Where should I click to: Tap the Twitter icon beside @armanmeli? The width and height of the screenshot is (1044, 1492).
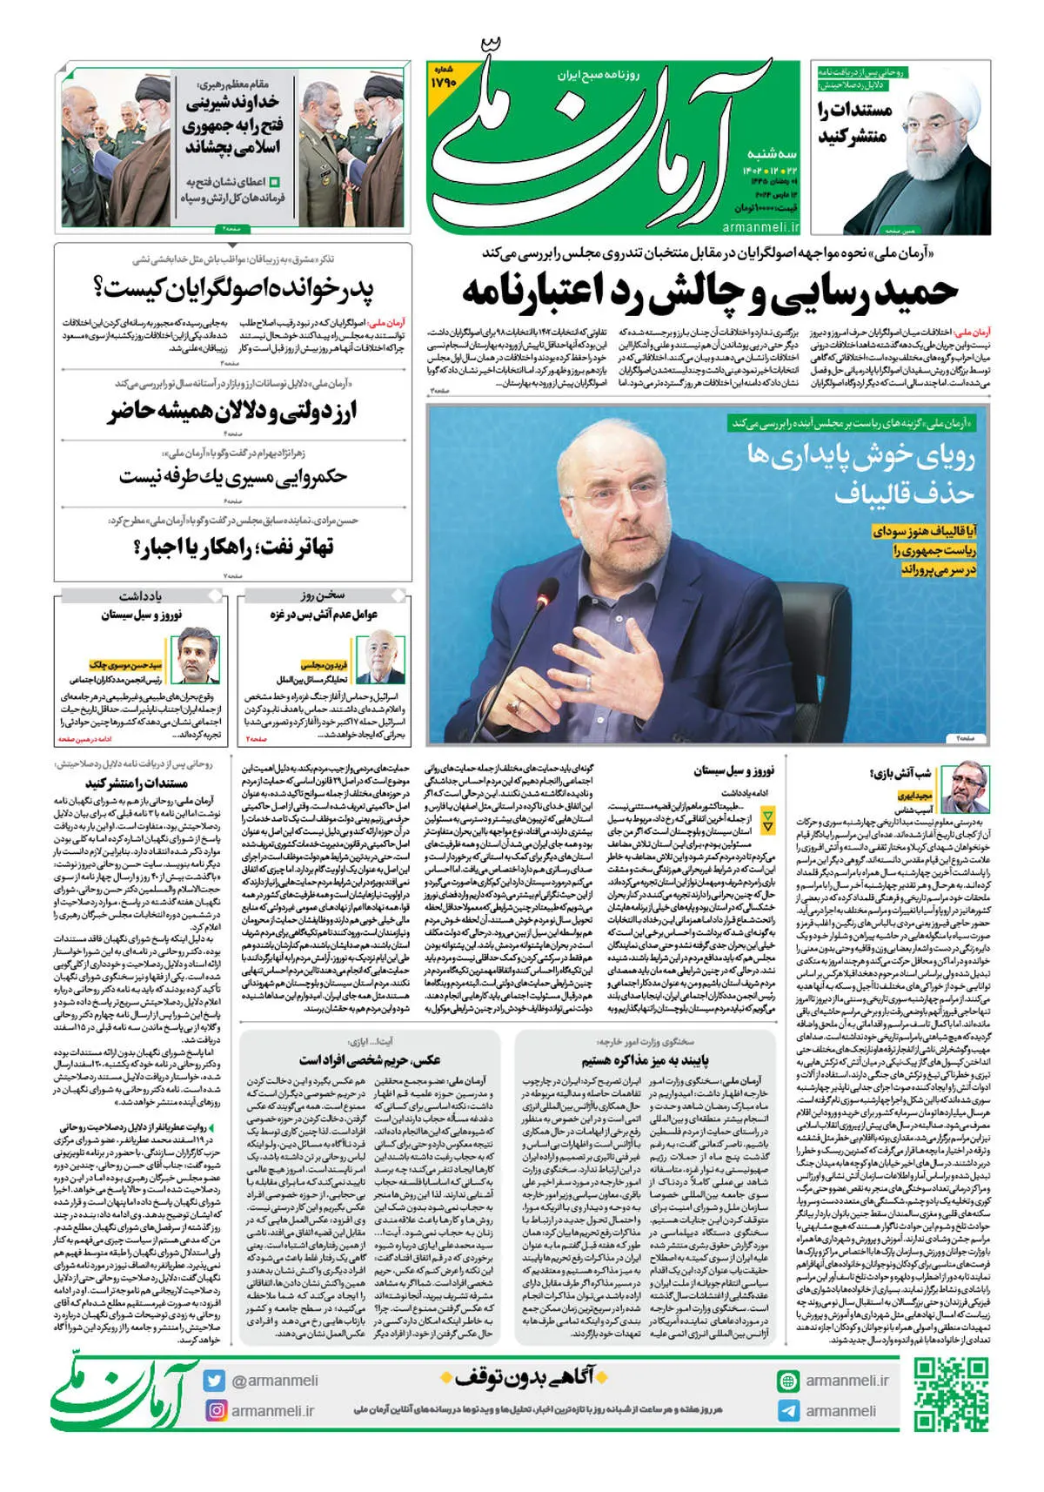[214, 1381]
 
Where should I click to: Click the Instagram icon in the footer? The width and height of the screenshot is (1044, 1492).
[215, 1410]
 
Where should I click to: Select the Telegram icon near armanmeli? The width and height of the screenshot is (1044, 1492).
[788, 1411]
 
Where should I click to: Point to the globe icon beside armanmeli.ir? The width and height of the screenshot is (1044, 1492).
[788, 1381]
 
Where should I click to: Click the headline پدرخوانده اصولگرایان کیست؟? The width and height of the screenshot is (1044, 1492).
[233, 288]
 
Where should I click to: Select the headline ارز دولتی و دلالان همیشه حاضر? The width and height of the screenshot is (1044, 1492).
[233, 411]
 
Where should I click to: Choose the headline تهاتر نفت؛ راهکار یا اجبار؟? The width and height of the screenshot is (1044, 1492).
[233, 547]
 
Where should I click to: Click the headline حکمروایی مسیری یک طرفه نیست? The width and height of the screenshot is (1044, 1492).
[233, 477]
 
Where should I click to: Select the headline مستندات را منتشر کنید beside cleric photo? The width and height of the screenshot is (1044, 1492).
[855, 123]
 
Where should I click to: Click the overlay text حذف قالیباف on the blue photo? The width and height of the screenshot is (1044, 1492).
[905, 493]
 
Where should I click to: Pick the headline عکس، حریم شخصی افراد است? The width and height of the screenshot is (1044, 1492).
[369, 1060]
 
